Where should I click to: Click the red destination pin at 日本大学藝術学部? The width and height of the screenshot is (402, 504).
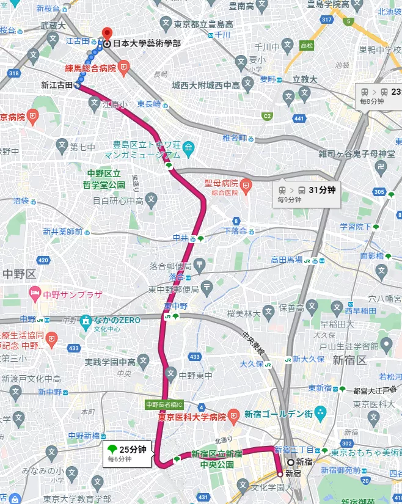click(x=108, y=34)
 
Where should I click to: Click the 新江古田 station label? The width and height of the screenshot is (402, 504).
click(x=56, y=86)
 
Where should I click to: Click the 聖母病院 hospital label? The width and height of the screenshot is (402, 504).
click(x=221, y=183)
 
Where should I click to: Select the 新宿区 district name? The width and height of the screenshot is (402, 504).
click(x=349, y=360)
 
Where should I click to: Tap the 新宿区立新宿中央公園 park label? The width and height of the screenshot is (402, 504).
click(x=216, y=458)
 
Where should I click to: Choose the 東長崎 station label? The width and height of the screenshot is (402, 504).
click(x=148, y=104)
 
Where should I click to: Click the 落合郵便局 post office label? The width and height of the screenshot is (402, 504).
click(x=170, y=266)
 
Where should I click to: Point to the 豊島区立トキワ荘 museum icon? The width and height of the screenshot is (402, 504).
click(x=188, y=147)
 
